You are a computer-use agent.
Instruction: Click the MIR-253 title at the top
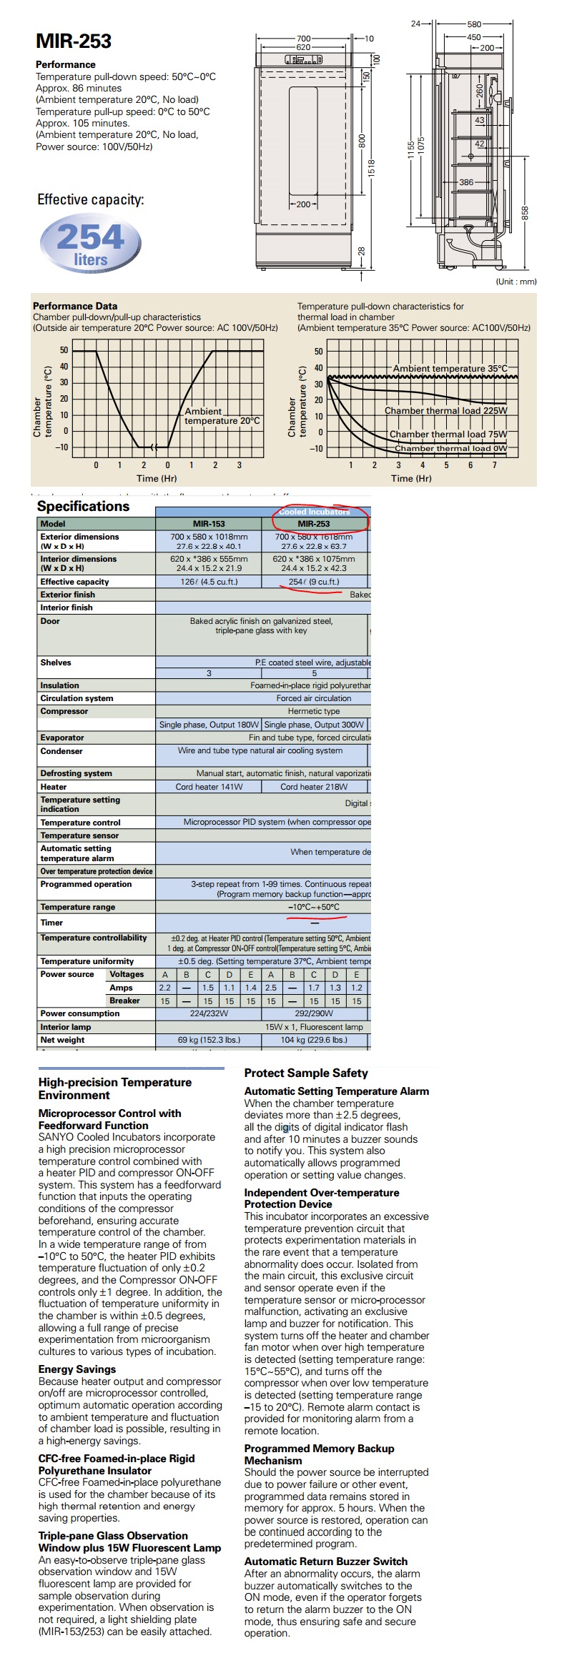[74, 41]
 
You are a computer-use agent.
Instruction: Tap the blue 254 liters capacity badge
[91, 244]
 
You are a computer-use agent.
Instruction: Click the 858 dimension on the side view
[526, 213]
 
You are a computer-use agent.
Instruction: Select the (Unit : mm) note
[516, 282]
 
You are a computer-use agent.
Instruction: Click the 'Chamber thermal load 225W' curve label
[445, 411]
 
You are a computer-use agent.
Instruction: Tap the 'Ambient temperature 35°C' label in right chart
[450, 369]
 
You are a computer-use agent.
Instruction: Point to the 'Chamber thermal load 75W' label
[448, 435]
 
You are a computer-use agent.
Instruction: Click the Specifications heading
[83, 507]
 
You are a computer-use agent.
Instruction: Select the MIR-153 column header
[209, 524]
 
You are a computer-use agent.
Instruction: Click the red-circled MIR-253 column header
[314, 524]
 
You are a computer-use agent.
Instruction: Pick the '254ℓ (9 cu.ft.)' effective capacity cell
[314, 582]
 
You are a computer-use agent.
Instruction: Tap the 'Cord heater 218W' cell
[314, 787]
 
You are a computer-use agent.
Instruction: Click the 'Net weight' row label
[62, 1040]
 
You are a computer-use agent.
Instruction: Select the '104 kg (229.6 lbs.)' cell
[314, 1040]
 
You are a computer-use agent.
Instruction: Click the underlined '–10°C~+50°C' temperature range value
[314, 907]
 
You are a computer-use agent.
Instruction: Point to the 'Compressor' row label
[64, 711]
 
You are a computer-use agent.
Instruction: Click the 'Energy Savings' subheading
[77, 1369]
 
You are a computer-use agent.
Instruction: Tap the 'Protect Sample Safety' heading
[306, 1073]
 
